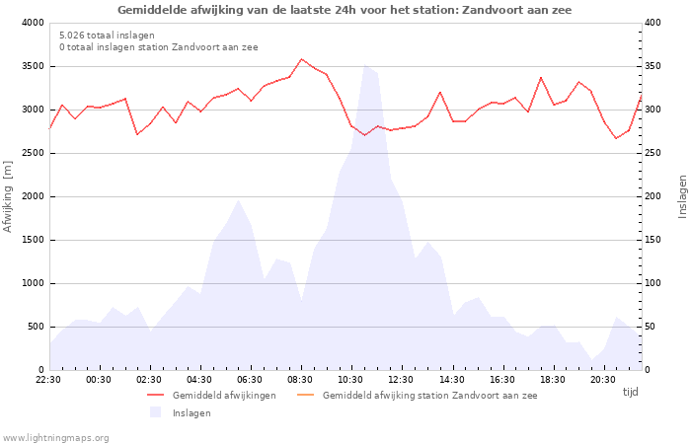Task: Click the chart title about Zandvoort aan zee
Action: [345, 10]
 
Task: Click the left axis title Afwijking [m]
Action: [9, 196]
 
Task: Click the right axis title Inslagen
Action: [681, 196]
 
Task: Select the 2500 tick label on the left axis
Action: [32, 153]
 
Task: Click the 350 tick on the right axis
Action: [654, 66]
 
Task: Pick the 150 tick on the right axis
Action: [654, 240]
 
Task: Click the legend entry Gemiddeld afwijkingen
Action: [224, 396]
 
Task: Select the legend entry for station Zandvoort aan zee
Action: [429, 396]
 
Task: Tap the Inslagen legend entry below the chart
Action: [192, 413]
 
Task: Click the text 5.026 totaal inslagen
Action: [107, 36]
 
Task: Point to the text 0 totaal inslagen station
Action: [158, 47]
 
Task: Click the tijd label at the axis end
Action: [630, 392]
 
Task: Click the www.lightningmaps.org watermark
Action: [56, 438]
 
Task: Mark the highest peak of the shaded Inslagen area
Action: [365, 65]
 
